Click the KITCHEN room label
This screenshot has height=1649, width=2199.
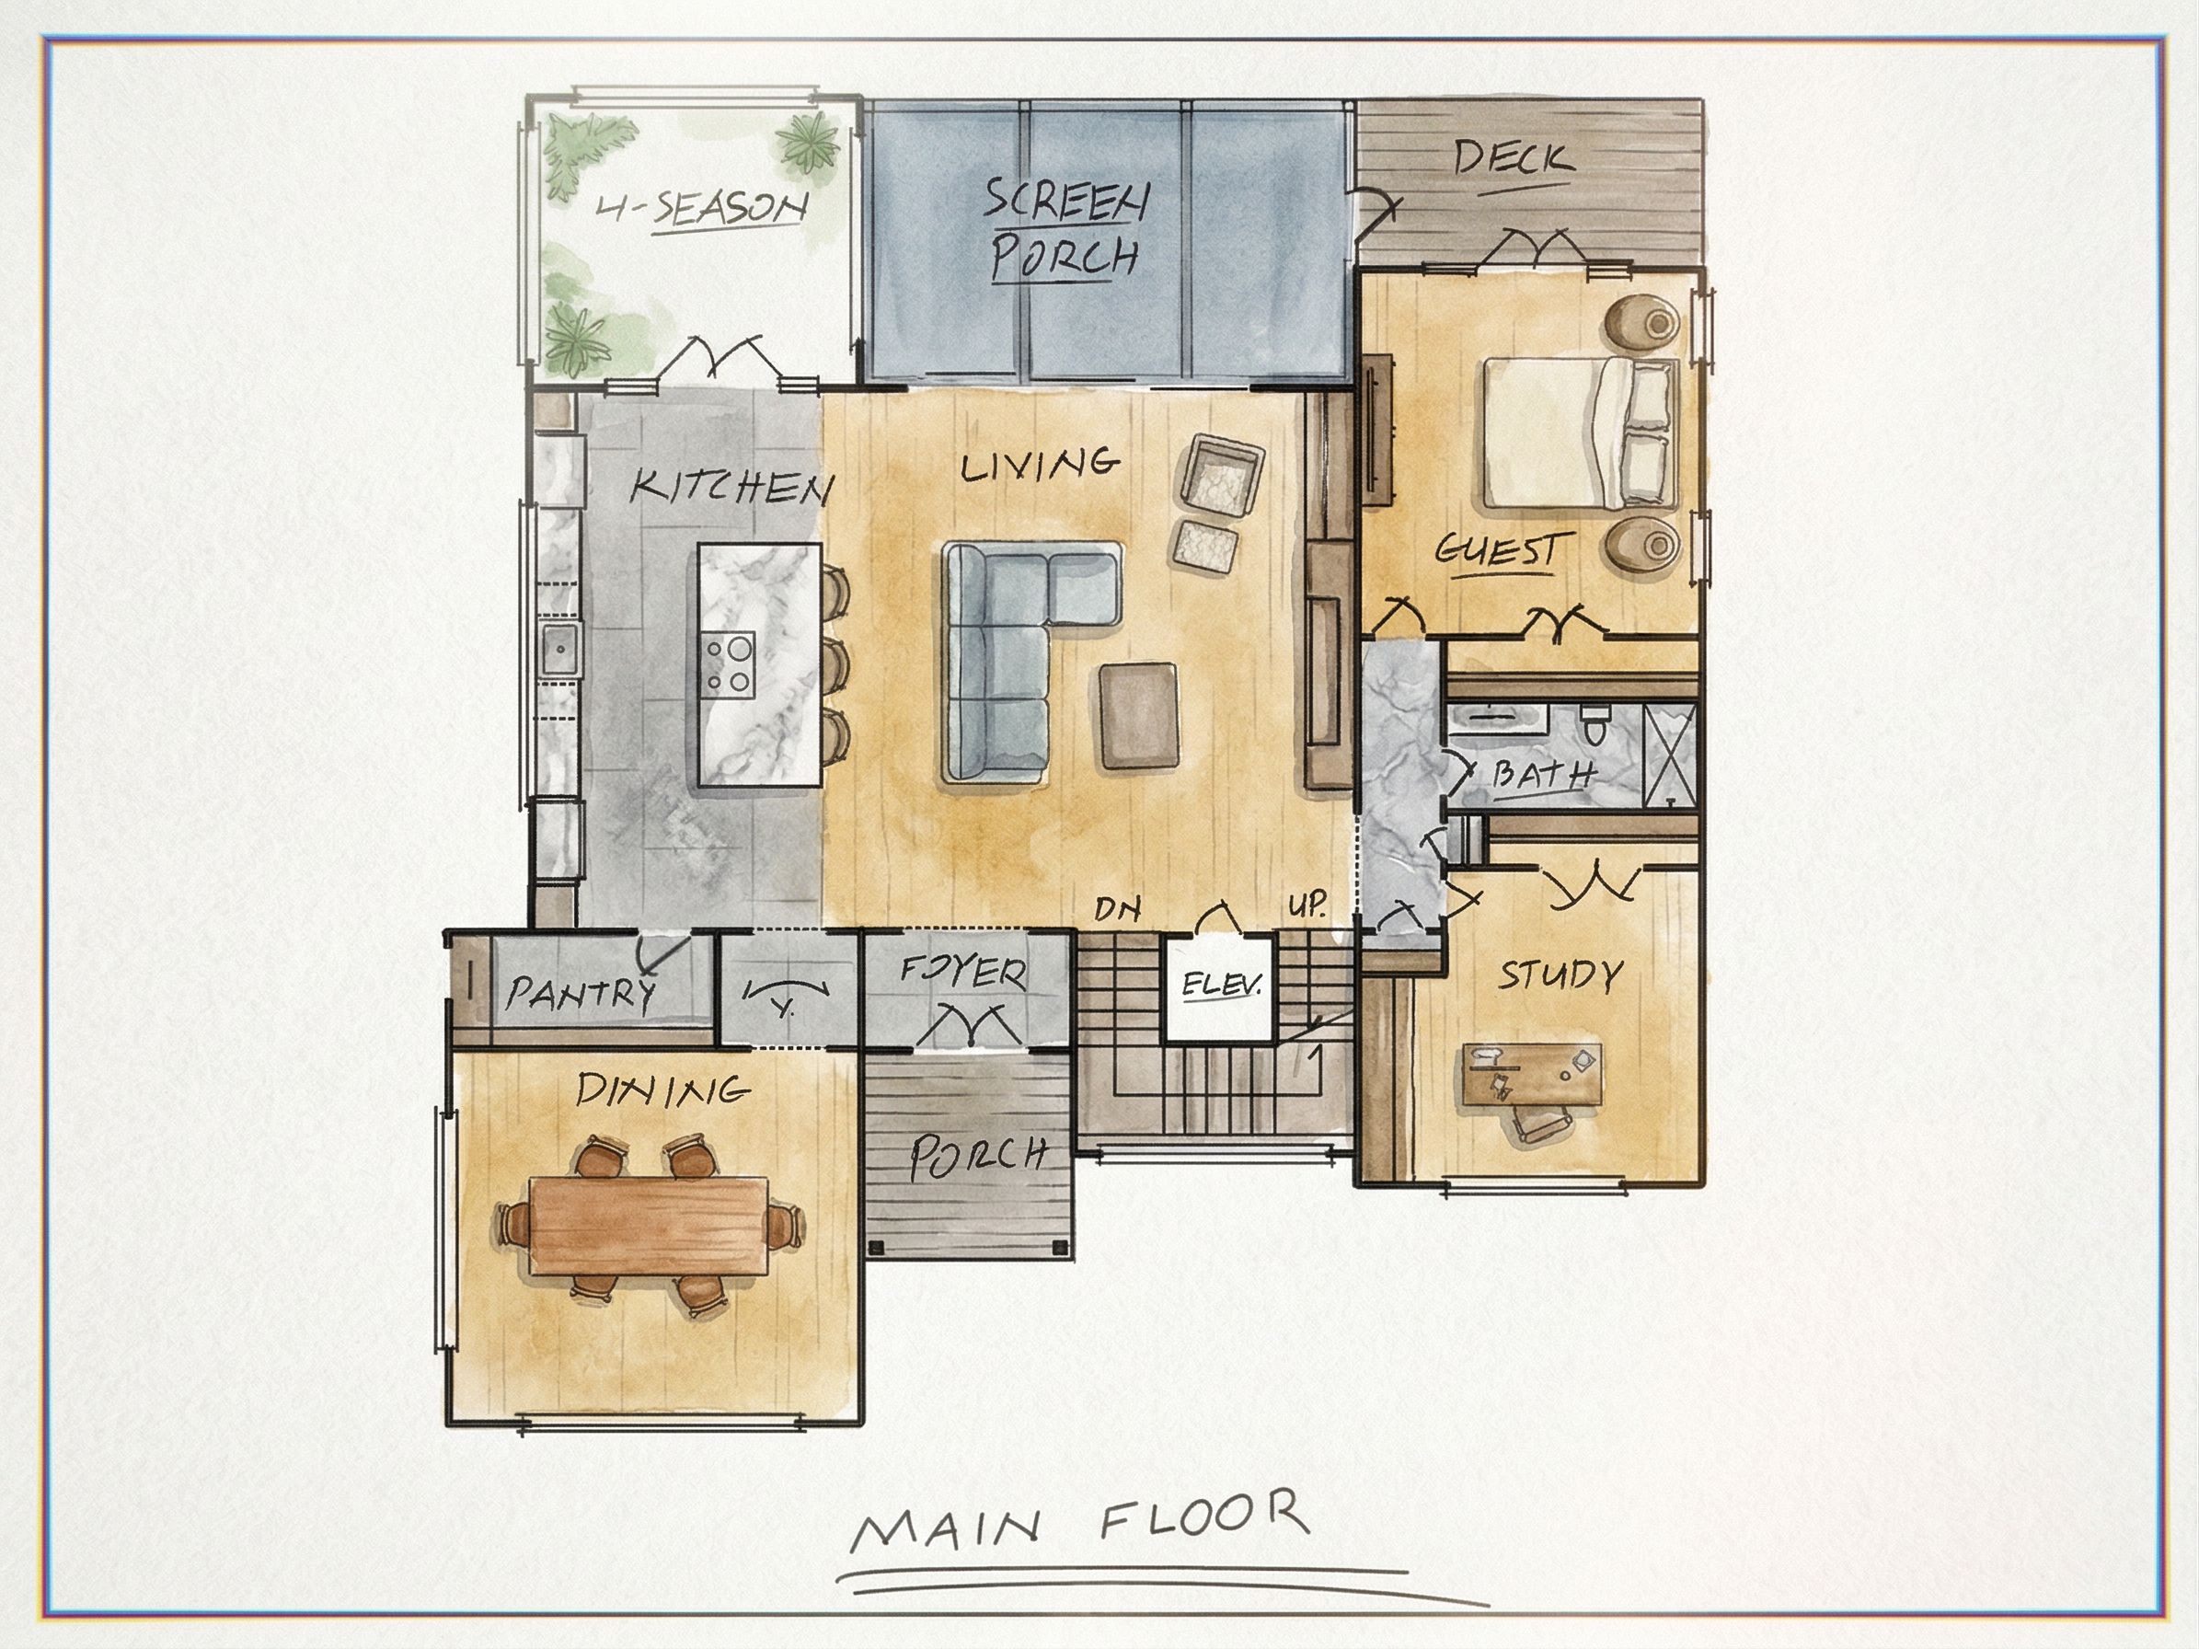[732, 487]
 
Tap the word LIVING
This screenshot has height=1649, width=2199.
[1040, 464]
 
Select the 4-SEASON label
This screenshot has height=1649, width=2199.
[701, 209]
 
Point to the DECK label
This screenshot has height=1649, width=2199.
[1514, 158]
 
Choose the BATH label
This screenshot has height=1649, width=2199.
[1545, 774]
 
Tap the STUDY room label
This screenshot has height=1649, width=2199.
[1560, 975]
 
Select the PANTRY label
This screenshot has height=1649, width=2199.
[581, 992]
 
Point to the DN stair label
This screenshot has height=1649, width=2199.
[1117, 908]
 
